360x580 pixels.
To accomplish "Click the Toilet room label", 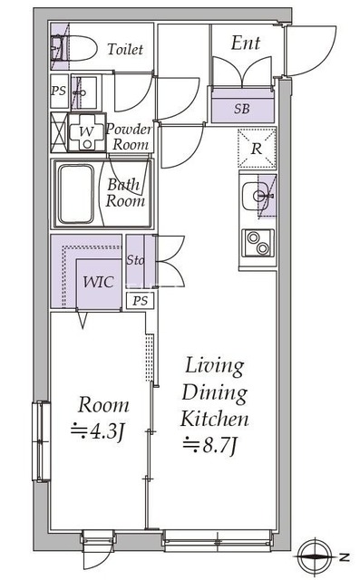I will click(x=124, y=50).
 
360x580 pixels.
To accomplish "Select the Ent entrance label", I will click(x=245, y=43).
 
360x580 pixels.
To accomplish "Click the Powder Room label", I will click(x=130, y=136).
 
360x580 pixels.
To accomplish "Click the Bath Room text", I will click(x=125, y=193).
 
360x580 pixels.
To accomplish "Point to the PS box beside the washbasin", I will click(x=58, y=91).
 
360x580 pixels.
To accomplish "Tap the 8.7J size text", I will click(x=214, y=444).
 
